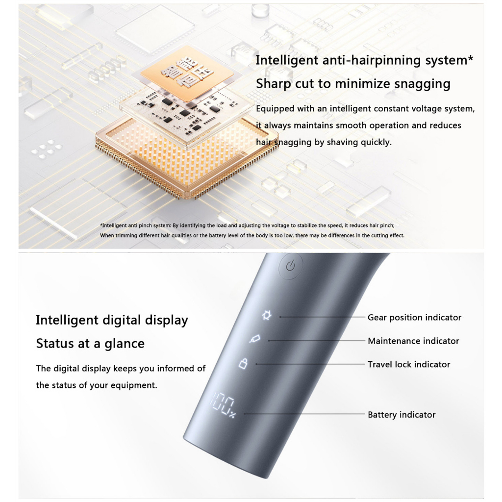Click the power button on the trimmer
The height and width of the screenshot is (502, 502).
(291, 266)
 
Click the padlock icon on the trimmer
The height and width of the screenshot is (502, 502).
(243, 363)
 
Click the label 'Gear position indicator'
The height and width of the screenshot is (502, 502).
(414, 318)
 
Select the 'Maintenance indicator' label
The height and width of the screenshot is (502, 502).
(413, 341)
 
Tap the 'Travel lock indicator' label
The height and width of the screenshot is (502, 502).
(409, 364)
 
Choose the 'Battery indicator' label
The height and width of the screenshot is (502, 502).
(402, 415)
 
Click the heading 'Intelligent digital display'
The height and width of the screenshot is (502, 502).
(112, 320)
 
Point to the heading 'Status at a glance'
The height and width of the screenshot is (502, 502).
(90, 343)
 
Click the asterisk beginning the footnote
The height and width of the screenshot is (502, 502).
(101, 226)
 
